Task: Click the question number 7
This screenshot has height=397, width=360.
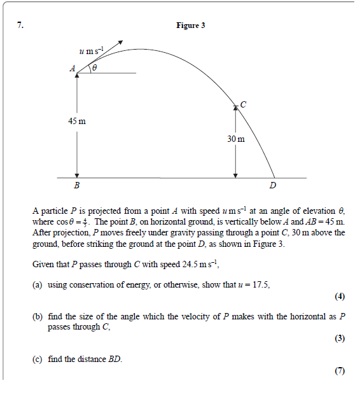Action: (x=20, y=25)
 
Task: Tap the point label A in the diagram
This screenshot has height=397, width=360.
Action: (x=73, y=68)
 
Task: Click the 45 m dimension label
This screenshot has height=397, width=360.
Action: (x=78, y=121)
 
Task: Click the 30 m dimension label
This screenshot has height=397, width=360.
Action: (x=235, y=138)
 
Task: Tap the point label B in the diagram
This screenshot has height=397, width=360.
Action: (x=77, y=186)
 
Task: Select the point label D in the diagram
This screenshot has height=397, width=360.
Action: (x=273, y=186)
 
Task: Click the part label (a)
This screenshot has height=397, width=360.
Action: (x=38, y=285)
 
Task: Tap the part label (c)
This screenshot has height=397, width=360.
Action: (x=38, y=359)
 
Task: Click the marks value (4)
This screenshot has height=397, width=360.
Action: (x=339, y=296)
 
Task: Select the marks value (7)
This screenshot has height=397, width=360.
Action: (x=339, y=371)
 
